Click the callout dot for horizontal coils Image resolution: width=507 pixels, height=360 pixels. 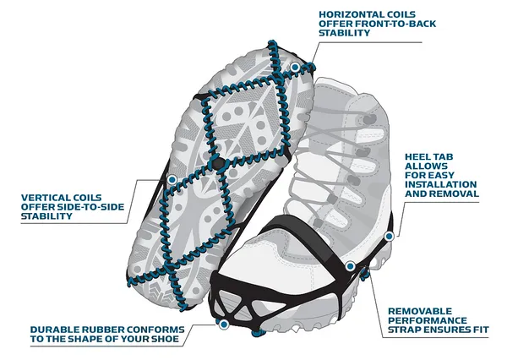(294, 65)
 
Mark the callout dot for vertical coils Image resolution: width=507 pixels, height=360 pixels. (172, 180)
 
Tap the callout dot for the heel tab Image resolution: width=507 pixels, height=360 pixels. (389, 236)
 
